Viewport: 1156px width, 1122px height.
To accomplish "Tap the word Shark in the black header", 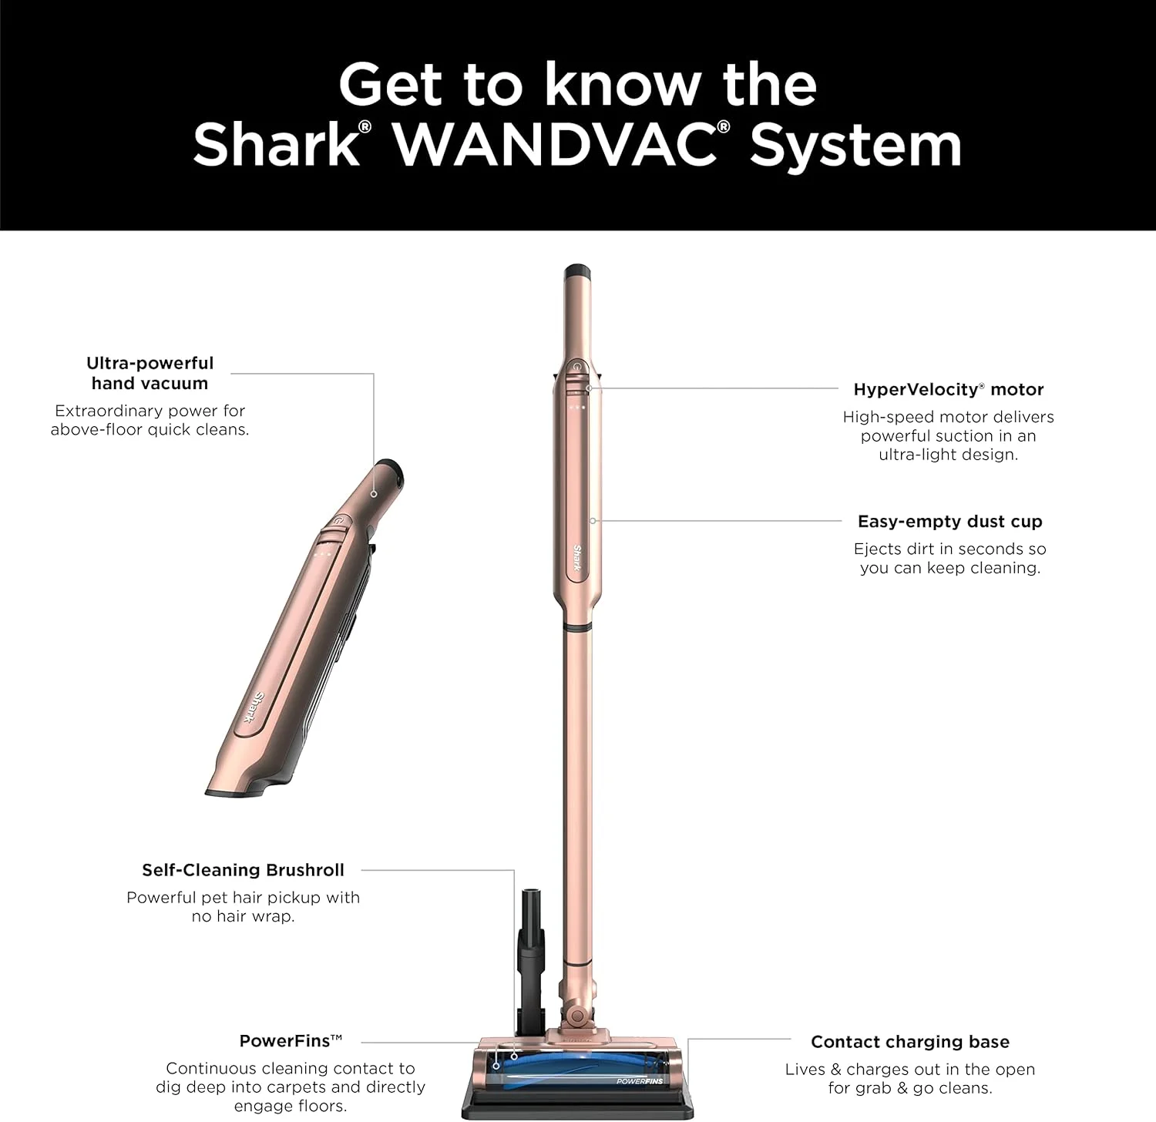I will [x=275, y=144].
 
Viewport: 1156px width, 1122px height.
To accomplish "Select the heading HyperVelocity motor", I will [x=948, y=389].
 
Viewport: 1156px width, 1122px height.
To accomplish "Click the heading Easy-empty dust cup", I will [x=949, y=522].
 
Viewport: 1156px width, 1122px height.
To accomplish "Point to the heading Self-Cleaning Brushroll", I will [x=243, y=870].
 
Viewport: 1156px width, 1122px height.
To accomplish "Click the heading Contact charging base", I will [x=909, y=1042].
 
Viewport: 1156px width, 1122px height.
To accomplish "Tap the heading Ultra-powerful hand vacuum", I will [x=150, y=373].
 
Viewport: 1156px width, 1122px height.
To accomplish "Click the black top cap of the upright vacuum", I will [x=577, y=272].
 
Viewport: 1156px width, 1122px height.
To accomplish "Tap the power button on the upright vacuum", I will [x=577, y=368].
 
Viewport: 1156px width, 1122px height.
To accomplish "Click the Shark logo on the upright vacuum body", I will [x=577, y=560].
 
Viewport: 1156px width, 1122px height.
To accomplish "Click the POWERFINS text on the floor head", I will [x=639, y=1081].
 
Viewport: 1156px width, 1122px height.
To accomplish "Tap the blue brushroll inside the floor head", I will [x=570, y=1068].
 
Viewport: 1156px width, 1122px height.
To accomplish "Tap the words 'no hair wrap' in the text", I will [x=243, y=917].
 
